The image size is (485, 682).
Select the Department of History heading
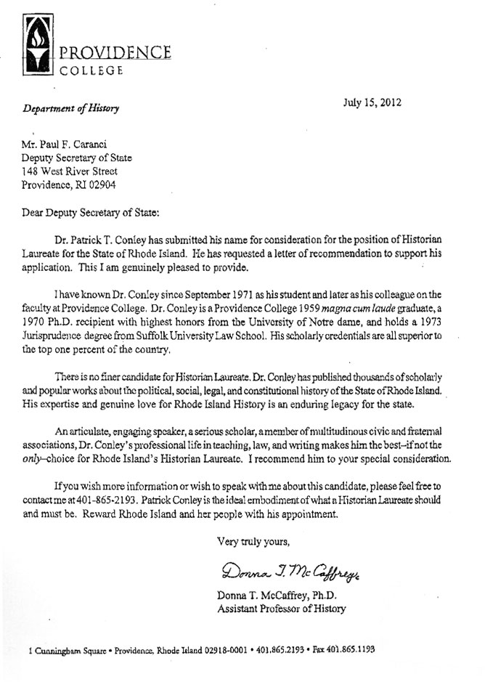[70, 108]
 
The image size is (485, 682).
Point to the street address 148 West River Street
[70, 171]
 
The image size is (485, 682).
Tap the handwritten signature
[286, 569]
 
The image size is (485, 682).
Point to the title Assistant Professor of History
[282, 609]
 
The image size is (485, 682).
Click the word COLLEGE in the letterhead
[91, 70]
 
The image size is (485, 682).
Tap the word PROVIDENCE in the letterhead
[115, 53]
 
